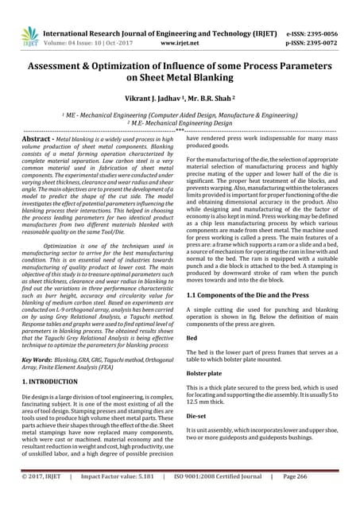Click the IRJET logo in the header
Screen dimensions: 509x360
pyautogui.click(x=29, y=36)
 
